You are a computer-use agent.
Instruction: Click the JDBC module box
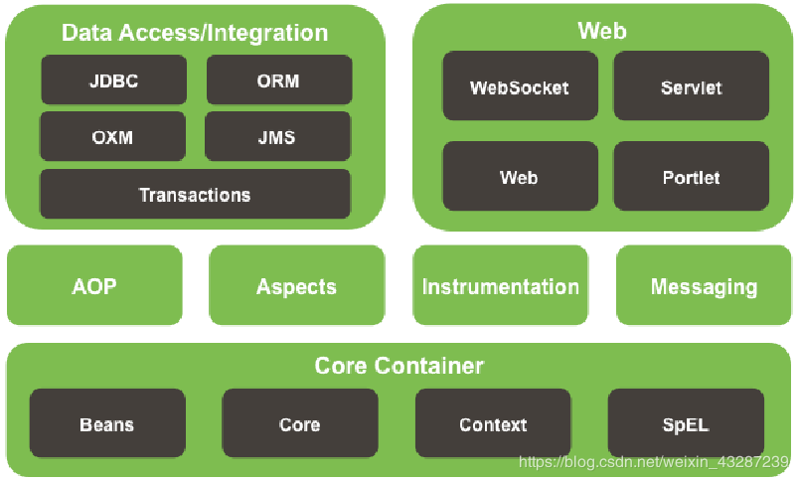coord(113,80)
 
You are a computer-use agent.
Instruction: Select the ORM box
coord(278,80)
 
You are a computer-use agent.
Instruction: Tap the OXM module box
coord(113,137)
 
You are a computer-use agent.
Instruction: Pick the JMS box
coord(278,137)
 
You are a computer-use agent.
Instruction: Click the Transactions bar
coord(195,195)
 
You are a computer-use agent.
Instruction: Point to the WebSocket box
coord(520,87)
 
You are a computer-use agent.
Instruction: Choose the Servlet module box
coord(691,87)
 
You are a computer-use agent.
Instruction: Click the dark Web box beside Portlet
coord(520,177)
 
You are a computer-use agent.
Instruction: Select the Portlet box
coord(691,177)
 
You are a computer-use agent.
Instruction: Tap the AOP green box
coord(94,286)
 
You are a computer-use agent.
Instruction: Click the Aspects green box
coord(296,286)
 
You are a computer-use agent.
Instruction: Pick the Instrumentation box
coord(500,286)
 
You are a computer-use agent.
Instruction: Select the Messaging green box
coord(704,286)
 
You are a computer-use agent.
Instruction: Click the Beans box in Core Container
coord(107,424)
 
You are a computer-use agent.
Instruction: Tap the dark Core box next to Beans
coord(299,424)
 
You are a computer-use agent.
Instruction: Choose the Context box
coord(493,424)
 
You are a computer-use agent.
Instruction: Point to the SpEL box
coord(686,424)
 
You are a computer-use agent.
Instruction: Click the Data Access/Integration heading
coord(195,33)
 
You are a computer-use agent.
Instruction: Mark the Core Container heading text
coord(399,366)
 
